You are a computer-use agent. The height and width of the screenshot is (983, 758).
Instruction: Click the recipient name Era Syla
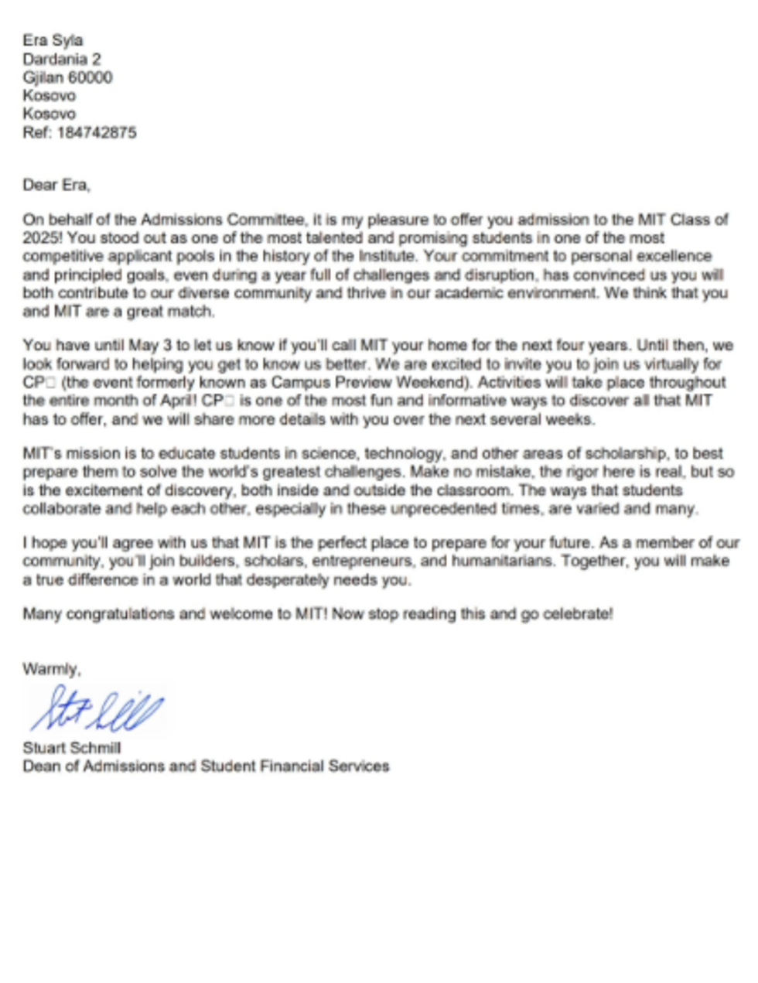click(53, 40)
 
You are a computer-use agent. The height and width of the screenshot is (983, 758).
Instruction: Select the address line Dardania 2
click(62, 59)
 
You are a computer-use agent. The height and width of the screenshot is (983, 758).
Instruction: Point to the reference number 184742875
click(97, 132)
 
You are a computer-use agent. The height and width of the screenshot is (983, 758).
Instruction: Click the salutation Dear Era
click(56, 185)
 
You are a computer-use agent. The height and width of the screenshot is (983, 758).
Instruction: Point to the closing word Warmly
click(51, 669)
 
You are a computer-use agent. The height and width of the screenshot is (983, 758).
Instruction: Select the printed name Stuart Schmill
click(72, 748)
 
